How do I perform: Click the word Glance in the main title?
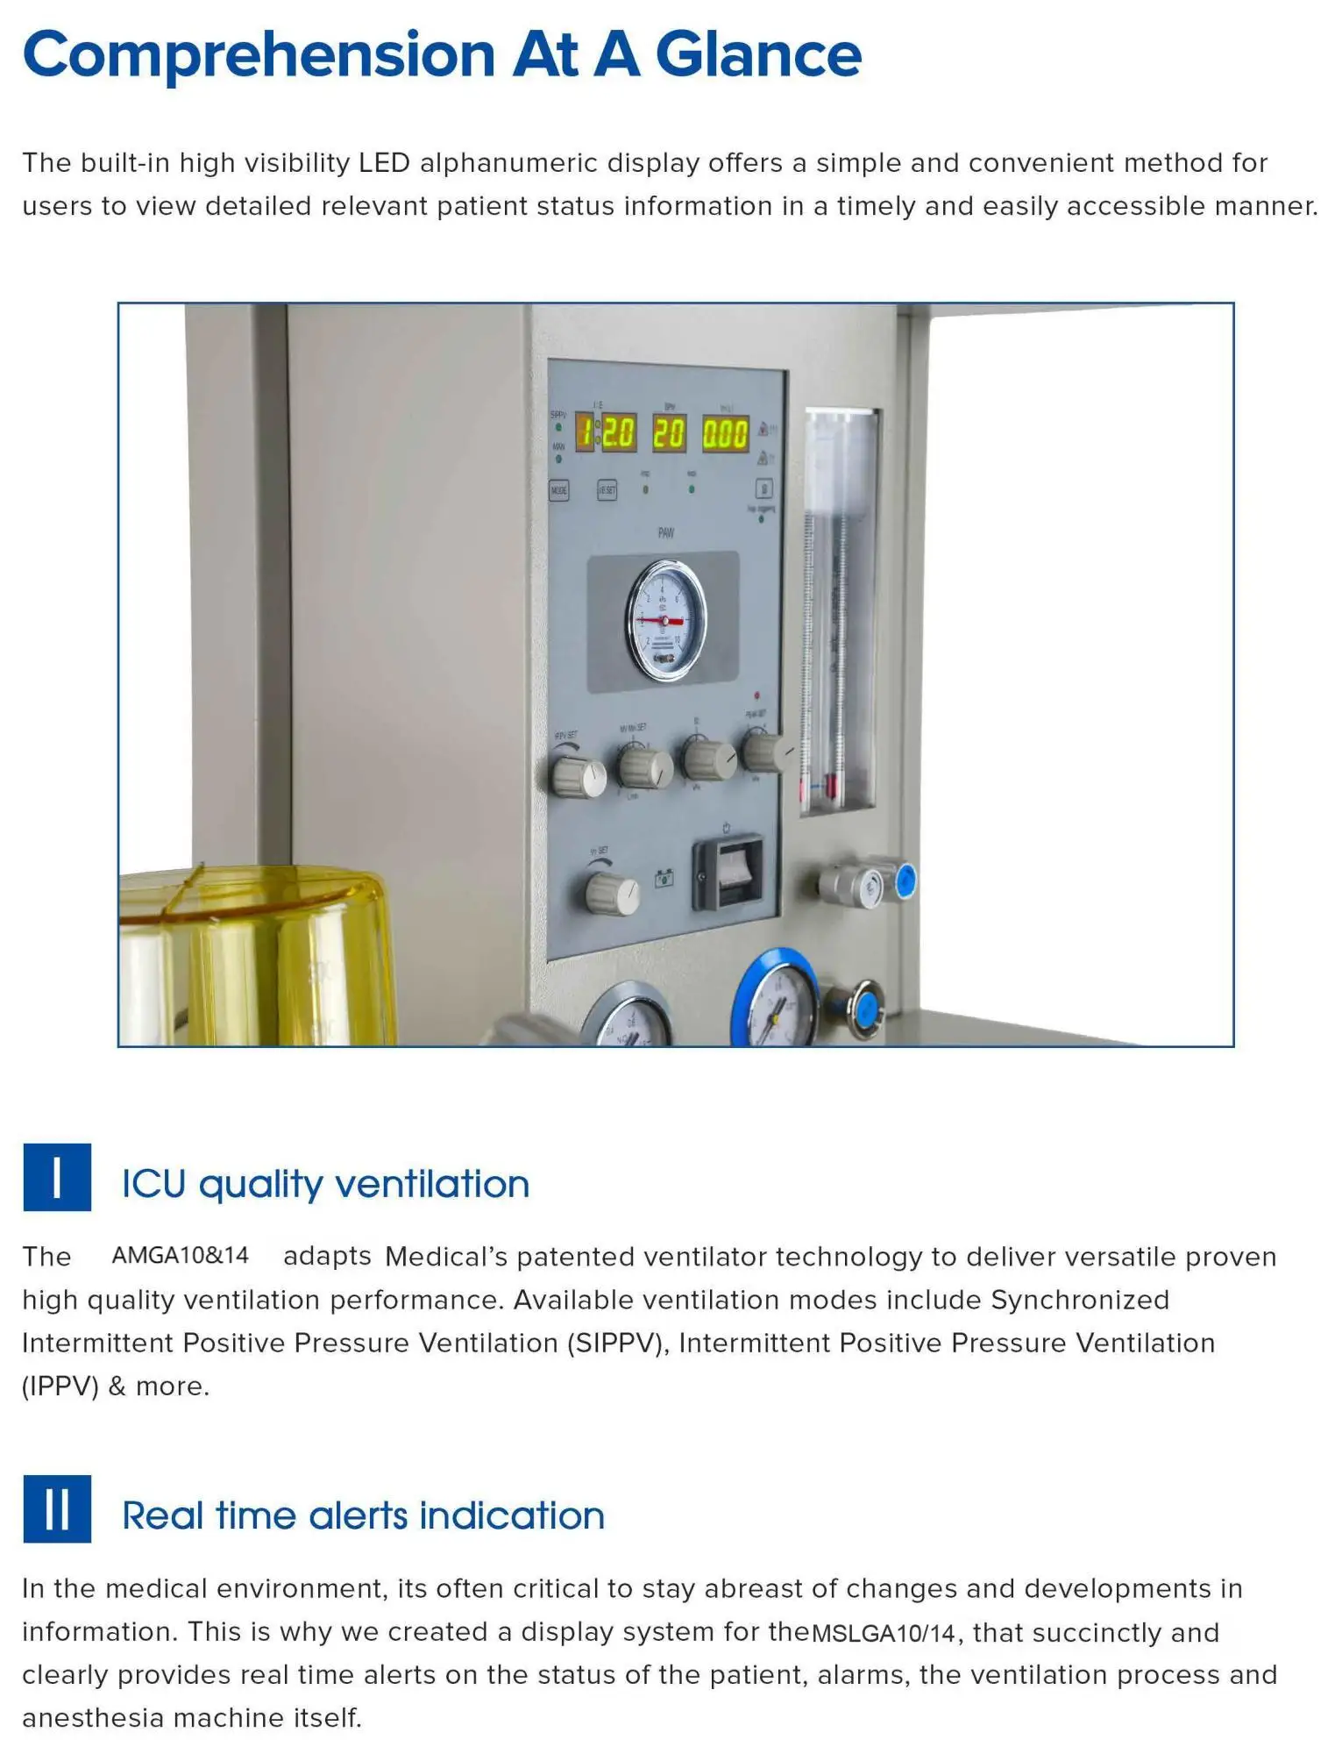(x=758, y=55)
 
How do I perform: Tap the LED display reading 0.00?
(x=726, y=434)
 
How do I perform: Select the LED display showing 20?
(x=669, y=433)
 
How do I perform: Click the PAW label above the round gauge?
(x=665, y=533)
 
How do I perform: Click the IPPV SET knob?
(x=579, y=775)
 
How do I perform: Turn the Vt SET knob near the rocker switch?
(x=613, y=895)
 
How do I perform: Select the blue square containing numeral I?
(x=57, y=1177)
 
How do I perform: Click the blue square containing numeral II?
(x=57, y=1508)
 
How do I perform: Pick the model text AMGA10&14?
(x=181, y=1255)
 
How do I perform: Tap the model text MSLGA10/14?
(x=884, y=1633)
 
